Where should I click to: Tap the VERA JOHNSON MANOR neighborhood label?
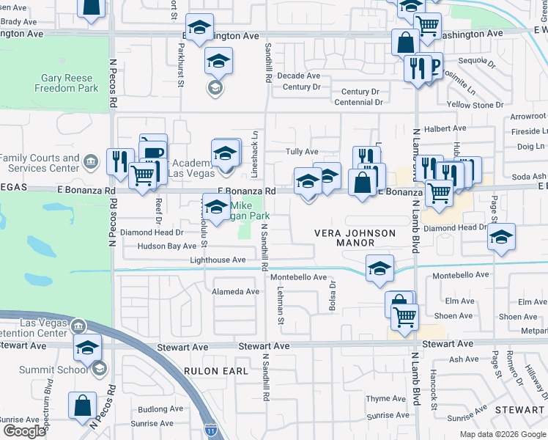pyautogui.click(x=355, y=238)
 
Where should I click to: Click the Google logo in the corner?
pyautogui.click(x=23, y=430)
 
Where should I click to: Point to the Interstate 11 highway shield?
pyautogui.click(x=210, y=426)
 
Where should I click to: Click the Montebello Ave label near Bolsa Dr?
pyautogui.click(x=298, y=277)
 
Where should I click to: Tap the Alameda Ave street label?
pyautogui.click(x=236, y=291)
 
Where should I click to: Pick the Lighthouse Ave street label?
pyautogui.click(x=218, y=260)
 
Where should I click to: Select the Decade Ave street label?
pyautogui.click(x=298, y=76)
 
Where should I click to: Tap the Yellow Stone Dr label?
pyautogui.click(x=474, y=105)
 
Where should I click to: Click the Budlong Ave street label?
pyautogui.click(x=163, y=409)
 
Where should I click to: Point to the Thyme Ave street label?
pyautogui.click(x=378, y=399)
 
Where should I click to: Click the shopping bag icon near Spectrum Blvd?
pyautogui.click(x=83, y=405)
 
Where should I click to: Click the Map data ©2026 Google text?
pyautogui.click(x=502, y=434)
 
